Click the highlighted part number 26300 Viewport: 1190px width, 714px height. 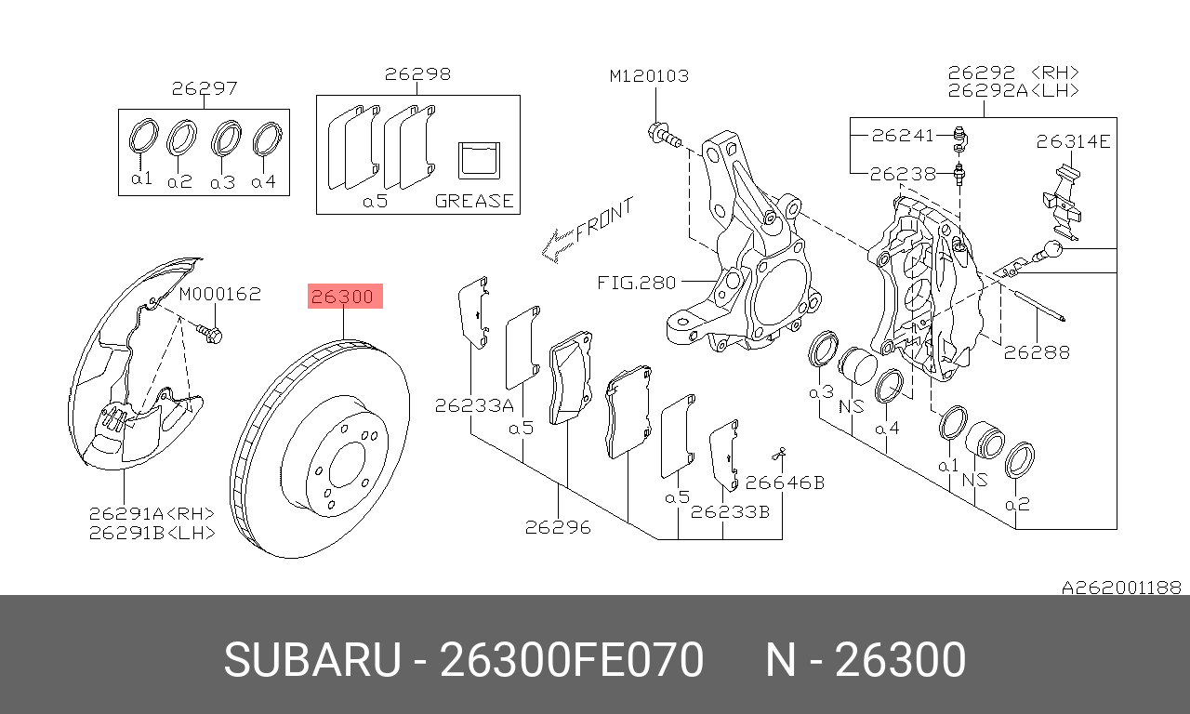tap(344, 297)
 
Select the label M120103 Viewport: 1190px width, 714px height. tap(649, 75)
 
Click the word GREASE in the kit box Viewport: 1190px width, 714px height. tap(474, 201)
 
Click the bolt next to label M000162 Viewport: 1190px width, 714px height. tap(208, 332)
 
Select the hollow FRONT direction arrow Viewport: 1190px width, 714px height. tap(558, 246)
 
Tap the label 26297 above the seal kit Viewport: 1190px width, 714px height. tap(205, 89)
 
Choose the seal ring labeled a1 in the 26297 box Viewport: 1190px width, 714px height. tap(142, 137)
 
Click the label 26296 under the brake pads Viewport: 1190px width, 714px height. tap(558, 527)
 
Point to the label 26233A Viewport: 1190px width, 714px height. tap(473, 405)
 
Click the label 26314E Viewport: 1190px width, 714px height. tap(1073, 141)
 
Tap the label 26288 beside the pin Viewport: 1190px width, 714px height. tap(1037, 352)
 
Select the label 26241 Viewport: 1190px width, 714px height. tap(901, 135)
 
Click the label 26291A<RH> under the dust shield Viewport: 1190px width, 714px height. tap(152, 513)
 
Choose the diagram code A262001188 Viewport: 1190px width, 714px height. tap(1121, 588)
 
